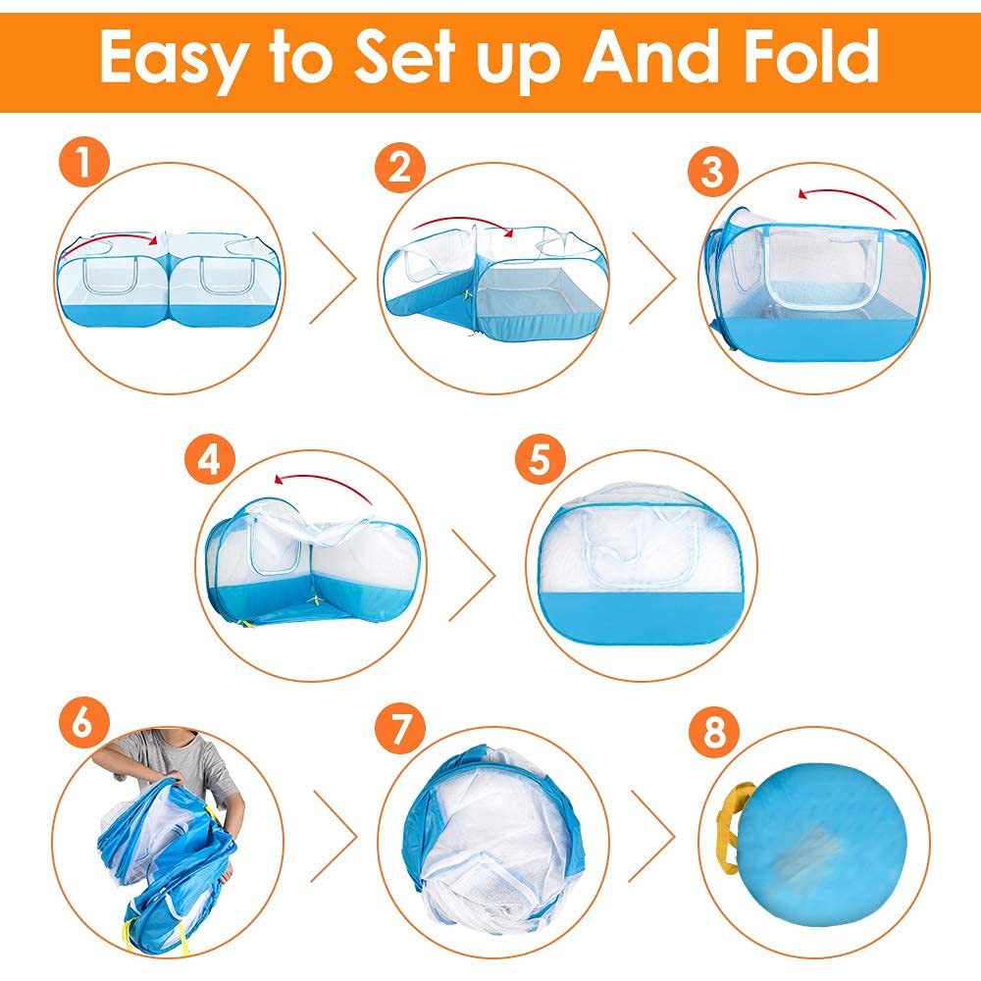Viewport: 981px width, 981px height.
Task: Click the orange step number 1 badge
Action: (84, 163)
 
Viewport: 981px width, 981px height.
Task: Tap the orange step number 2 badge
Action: (400, 167)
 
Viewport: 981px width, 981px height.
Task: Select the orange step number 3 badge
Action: (712, 171)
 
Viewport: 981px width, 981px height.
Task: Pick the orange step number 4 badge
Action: (210, 461)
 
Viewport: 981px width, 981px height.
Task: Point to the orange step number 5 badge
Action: (540, 460)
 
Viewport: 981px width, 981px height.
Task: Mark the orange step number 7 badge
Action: (400, 728)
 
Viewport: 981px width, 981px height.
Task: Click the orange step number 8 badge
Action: (714, 731)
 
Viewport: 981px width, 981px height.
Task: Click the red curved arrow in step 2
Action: (462, 221)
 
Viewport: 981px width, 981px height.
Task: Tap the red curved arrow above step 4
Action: (322, 482)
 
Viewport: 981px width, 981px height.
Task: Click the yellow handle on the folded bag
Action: (732, 827)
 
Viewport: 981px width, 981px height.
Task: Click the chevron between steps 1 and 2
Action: (333, 279)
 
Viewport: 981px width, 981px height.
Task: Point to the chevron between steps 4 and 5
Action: (473, 575)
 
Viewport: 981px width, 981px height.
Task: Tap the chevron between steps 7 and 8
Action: (653, 836)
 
